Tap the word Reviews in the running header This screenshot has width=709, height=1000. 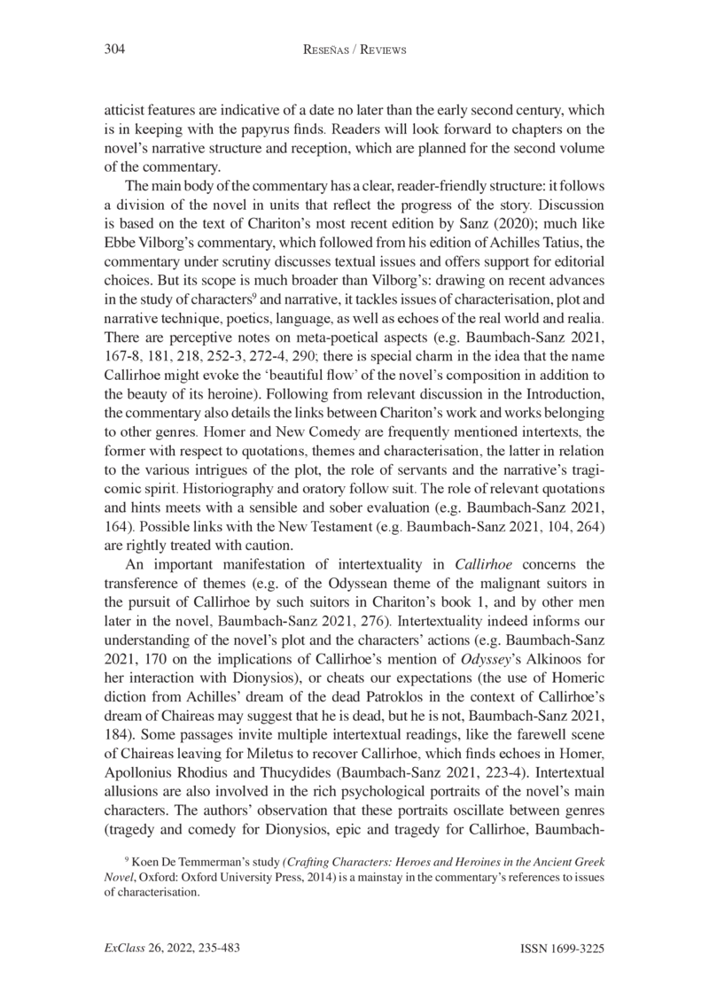[380, 51]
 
